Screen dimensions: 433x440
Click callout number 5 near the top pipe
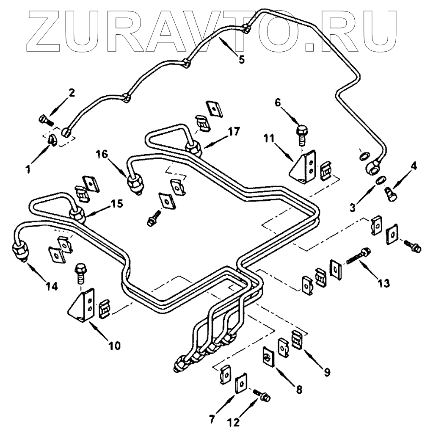(x=241, y=59)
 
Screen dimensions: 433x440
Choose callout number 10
(x=114, y=346)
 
